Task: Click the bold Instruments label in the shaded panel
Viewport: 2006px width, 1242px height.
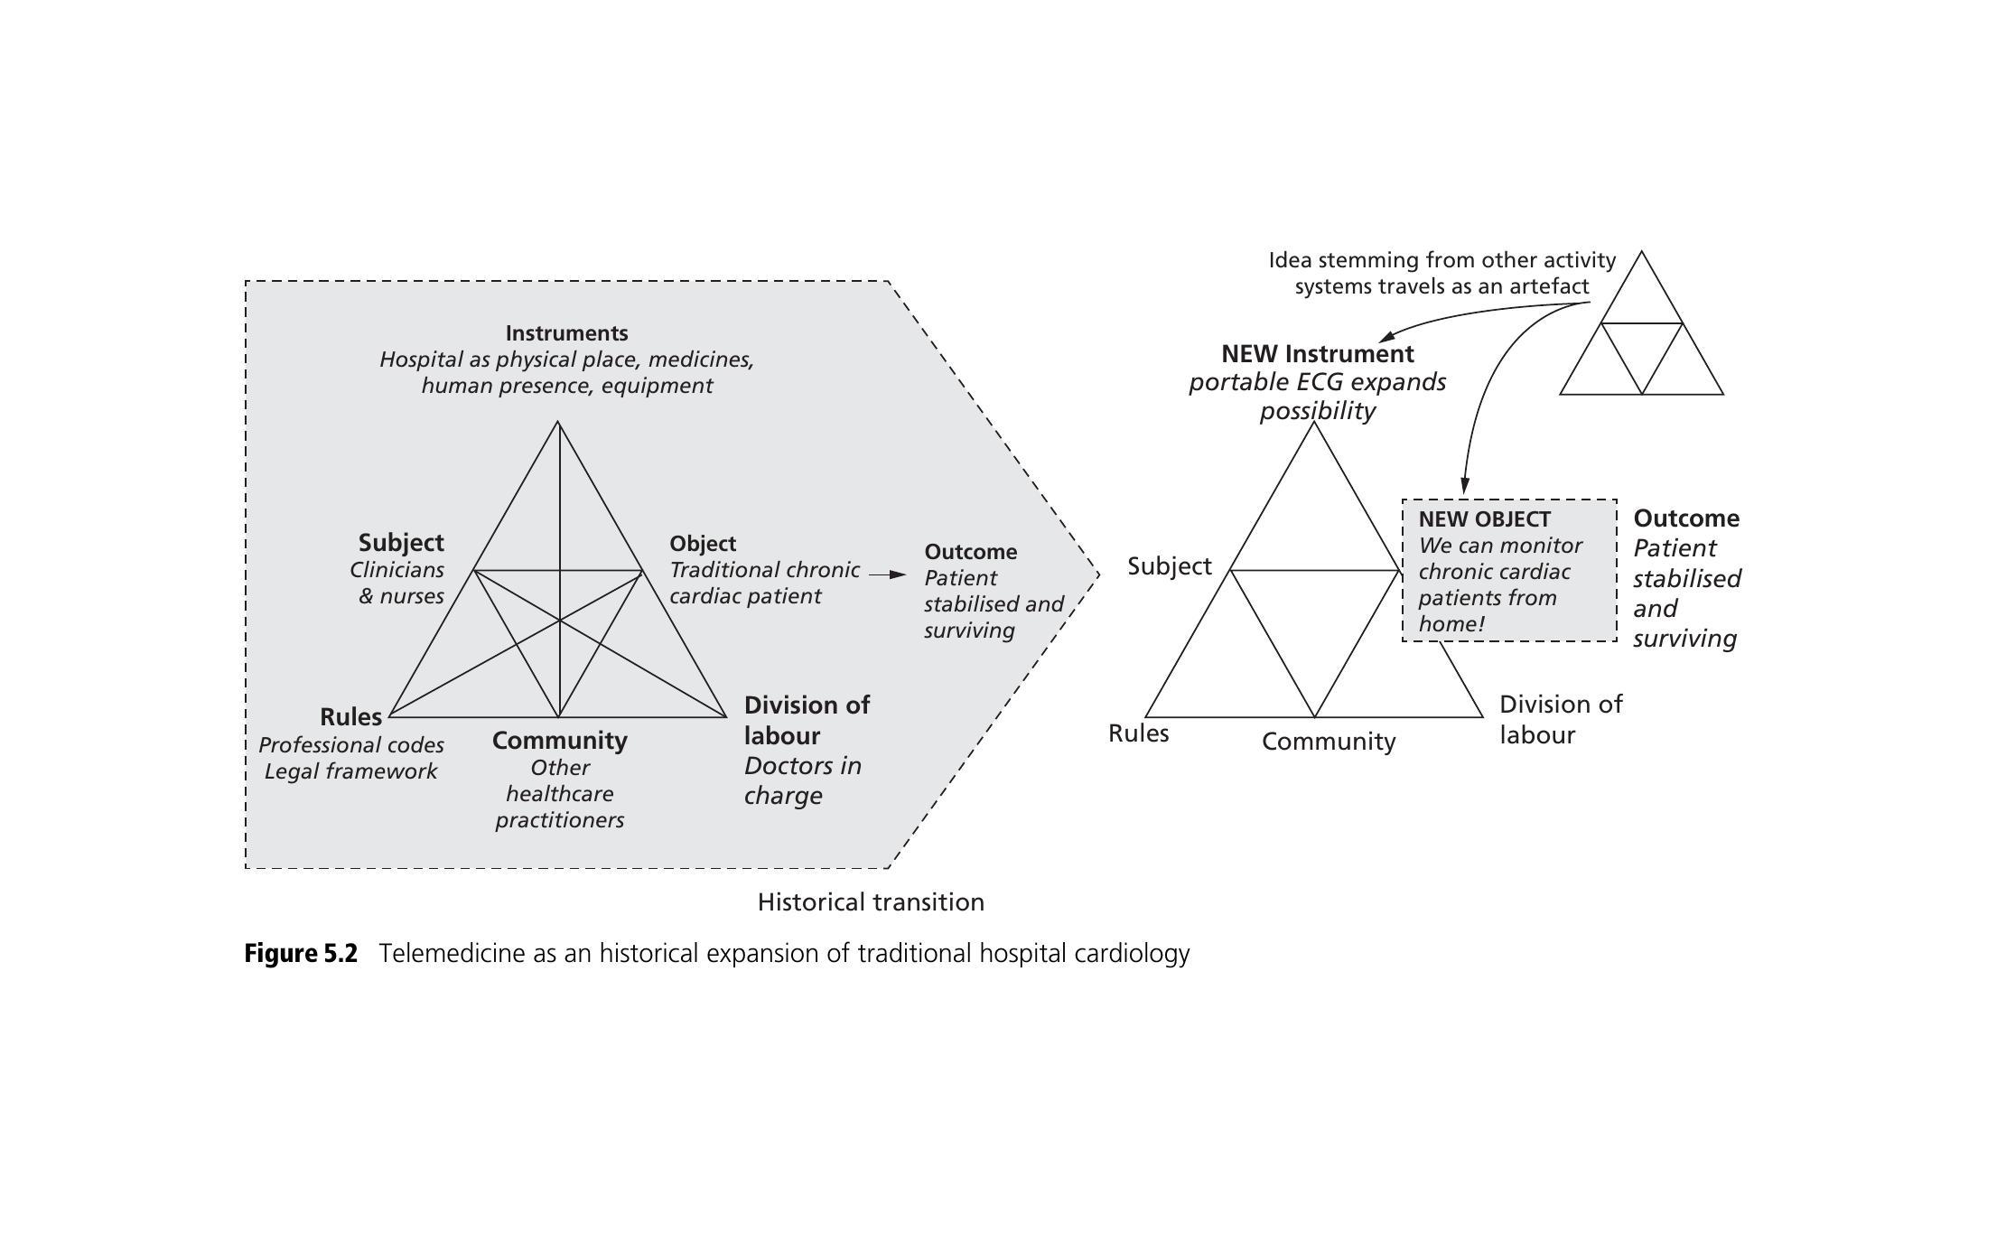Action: click(566, 333)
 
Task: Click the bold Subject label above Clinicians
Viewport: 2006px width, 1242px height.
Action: click(401, 543)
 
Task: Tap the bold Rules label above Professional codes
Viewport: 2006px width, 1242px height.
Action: click(350, 717)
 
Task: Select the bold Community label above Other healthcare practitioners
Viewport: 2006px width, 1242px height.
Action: click(559, 741)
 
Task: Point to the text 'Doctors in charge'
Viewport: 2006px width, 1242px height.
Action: click(802, 780)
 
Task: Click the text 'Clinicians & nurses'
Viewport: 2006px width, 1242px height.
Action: click(398, 583)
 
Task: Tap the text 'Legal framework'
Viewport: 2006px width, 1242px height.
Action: click(350, 771)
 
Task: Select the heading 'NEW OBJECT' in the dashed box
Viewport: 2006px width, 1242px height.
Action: click(1484, 519)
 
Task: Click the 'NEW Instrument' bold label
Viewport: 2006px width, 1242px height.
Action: click(1317, 353)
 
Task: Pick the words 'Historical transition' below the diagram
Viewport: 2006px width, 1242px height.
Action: click(871, 902)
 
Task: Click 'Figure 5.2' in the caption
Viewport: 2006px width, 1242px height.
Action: click(301, 954)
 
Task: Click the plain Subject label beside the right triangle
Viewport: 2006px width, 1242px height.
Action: click(1169, 566)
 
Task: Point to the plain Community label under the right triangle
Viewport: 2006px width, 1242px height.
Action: click(1328, 742)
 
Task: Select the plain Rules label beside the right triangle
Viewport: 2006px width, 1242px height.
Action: click(1138, 733)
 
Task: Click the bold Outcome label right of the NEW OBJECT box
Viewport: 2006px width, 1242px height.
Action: click(1685, 518)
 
